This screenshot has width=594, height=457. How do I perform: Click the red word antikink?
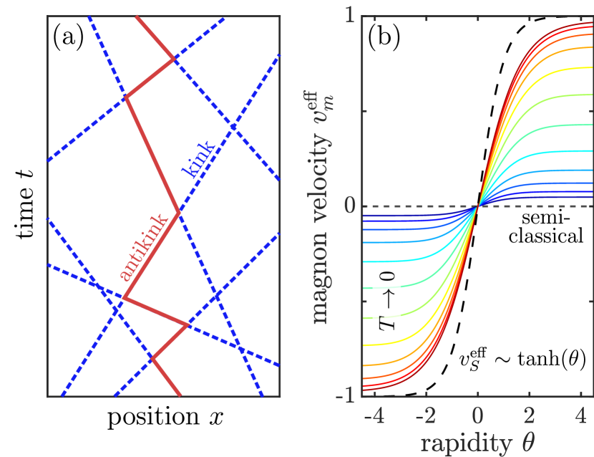pyautogui.click(x=145, y=247)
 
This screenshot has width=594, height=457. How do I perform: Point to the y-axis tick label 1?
pyautogui.click(x=350, y=16)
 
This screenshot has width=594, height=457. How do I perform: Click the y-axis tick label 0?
pyautogui.click(x=349, y=206)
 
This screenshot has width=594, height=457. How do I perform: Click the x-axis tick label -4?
pyautogui.click(x=374, y=416)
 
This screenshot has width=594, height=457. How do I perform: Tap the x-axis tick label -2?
pyautogui.click(x=425, y=416)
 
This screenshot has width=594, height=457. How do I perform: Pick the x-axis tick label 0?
pyautogui.click(x=477, y=416)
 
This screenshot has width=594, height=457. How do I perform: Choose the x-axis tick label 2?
pyautogui.click(x=528, y=416)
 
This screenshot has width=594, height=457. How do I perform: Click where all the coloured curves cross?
pyautogui.click(x=477, y=206)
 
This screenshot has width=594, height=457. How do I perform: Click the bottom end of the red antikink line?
pyautogui.click(x=180, y=395)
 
